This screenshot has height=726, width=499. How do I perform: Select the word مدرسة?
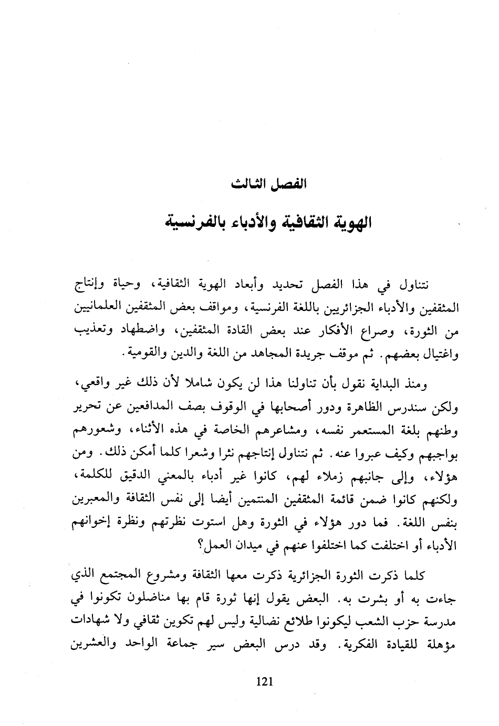439,624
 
